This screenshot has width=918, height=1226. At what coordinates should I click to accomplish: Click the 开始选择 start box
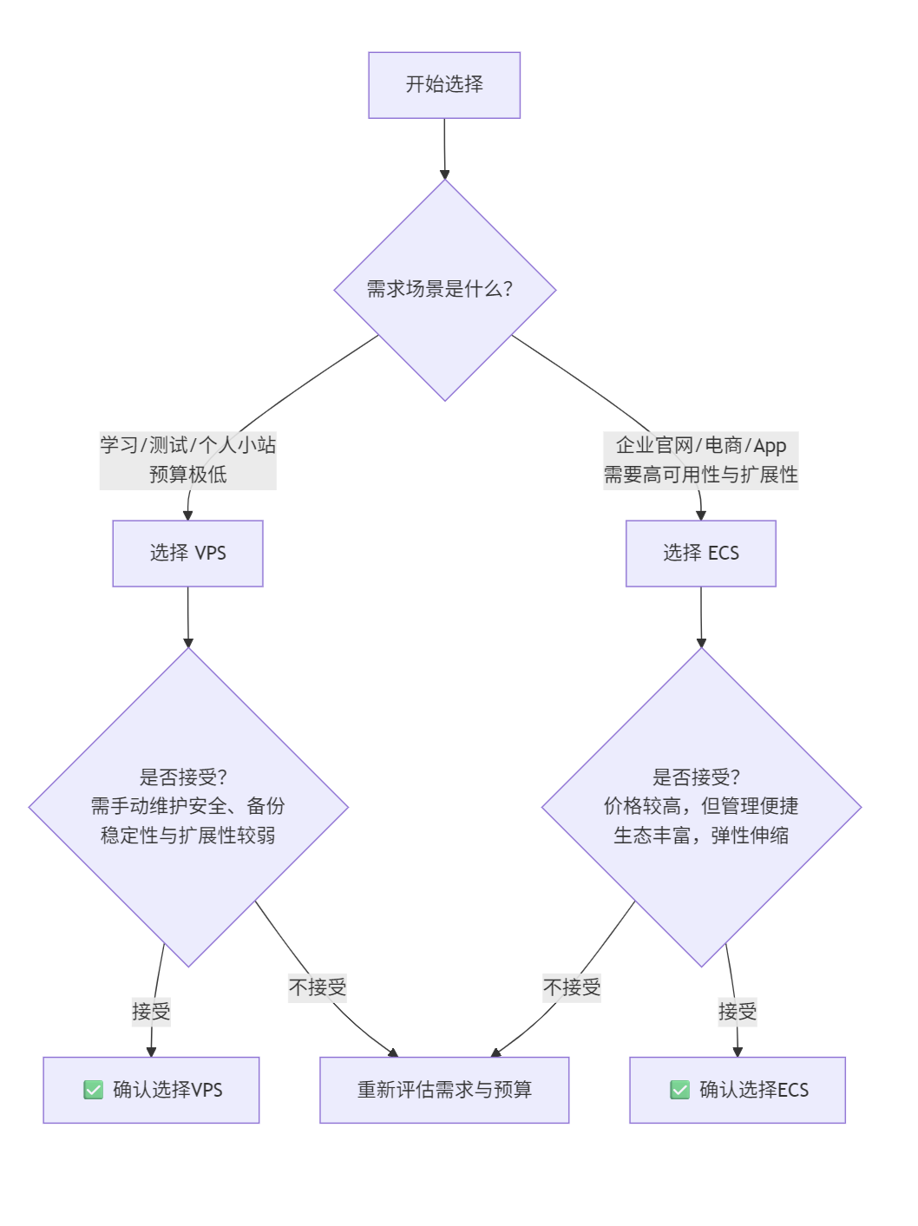(444, 85)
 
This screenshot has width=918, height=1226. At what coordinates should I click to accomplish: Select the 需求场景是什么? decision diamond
(444, 290)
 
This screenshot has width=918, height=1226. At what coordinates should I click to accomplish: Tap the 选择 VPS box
(187, 554)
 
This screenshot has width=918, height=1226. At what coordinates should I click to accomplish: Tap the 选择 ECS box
(701, 554)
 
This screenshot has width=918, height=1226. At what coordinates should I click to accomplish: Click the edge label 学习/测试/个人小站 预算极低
(187, 460)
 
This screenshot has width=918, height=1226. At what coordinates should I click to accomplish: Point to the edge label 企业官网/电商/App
(701, 446)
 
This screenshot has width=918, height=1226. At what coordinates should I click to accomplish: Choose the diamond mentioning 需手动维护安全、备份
(188, 807)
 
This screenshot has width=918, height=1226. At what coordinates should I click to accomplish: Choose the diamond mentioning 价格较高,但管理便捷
(701, 807)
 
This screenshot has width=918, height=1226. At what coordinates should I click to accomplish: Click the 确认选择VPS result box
(151, 1090)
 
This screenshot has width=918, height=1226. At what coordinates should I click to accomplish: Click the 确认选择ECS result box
(738, 1090)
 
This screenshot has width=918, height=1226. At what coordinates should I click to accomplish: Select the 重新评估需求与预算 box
(444, 1090)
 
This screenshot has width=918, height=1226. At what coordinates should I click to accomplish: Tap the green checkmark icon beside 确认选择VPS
(94, 1090)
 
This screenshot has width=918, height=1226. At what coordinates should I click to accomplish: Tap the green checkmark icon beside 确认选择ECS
(680, 1090)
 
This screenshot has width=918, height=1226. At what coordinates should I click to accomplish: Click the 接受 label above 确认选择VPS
(151, 1012)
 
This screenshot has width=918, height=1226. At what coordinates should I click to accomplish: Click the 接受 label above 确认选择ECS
(738, 1012)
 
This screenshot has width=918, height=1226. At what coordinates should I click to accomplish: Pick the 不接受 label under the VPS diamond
(318, 987)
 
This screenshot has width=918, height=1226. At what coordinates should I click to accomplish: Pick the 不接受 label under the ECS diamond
(572, 987)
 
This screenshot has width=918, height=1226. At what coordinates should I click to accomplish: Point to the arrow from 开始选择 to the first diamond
(444, 148)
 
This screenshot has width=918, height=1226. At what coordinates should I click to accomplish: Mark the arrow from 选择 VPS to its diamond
(188, 617)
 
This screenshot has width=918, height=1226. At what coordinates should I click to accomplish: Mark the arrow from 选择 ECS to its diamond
(701, 617)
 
